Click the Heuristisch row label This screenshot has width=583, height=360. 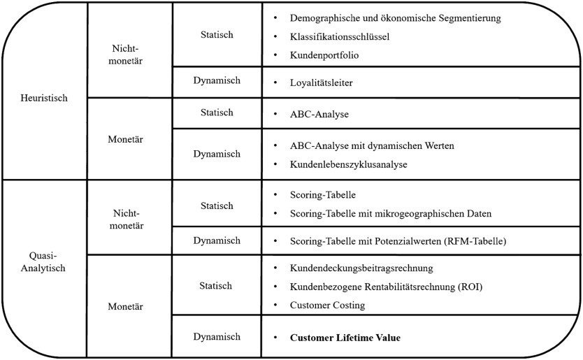click(45, 99)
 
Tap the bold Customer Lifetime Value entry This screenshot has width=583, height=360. click(345, 338)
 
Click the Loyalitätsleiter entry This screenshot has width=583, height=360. click(321, 82)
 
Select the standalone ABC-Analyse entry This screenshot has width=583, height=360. click(319, 113)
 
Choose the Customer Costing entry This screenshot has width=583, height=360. click(326, 305)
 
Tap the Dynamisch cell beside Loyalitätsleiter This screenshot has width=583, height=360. click(217, 81)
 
